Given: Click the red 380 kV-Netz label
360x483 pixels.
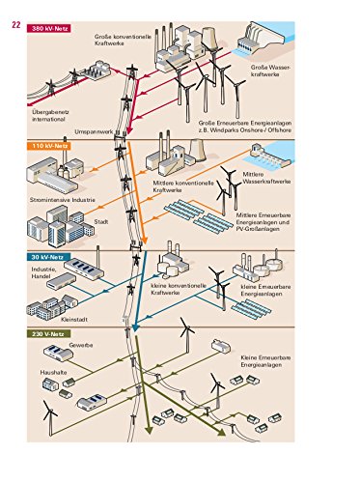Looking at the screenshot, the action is pos(49,28).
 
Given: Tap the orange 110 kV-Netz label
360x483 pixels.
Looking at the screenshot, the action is pos(49,146).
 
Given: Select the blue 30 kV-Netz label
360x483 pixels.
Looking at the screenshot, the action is pos(49,257).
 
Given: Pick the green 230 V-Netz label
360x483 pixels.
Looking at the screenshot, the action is pos(49,334).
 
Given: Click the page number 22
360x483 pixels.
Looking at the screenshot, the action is pos(16,25).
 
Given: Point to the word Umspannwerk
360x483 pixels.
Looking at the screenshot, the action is pos(94,132).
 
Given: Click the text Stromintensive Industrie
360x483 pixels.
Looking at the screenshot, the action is pos(63,200).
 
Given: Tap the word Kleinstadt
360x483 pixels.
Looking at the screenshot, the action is pos(74,320).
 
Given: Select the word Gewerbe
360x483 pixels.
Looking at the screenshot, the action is pos(81,345).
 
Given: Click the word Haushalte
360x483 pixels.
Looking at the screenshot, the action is pos(53,372).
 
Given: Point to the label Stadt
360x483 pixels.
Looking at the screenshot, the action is pos(101,222).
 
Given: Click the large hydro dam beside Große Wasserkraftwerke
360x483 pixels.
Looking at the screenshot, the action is pos(262,40).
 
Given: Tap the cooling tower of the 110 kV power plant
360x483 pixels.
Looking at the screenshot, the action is pos(197,150).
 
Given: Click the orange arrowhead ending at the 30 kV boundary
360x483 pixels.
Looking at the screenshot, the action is pos(144,241).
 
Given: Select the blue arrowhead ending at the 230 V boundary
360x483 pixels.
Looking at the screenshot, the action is pos(135,327).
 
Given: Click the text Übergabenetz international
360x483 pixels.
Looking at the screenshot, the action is pos(50,116).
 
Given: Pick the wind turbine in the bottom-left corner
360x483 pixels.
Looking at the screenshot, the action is pos(50,417).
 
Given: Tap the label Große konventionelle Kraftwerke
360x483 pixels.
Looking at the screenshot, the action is pos(123,40).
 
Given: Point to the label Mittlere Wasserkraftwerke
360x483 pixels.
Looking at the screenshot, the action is pos(266,178).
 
